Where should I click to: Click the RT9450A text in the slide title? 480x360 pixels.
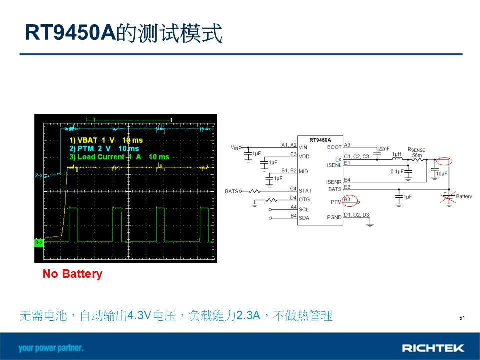(70, 32)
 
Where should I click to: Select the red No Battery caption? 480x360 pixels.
(73, 274)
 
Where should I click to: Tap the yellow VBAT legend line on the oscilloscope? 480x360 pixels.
(106, 140)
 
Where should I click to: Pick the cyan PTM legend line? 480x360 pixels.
(104, 149)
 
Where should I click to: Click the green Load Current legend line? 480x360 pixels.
(119, 157)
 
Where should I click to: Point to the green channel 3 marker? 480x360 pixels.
(39, 242)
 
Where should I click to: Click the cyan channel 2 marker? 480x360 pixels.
(39, 175)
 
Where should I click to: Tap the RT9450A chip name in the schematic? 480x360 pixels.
(320, 140)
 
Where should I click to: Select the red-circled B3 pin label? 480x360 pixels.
(347, 200)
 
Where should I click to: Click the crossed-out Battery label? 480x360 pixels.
(464, 196)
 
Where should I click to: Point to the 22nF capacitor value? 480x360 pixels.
(384, 149)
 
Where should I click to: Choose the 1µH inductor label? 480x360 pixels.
(397, 154)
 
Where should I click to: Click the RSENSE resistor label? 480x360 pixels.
(416, 150)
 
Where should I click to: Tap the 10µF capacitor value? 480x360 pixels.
(441, 174)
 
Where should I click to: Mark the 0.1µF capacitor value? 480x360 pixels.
(397, 171)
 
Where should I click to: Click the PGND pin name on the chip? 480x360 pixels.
(334, 217)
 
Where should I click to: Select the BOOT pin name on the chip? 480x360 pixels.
(334, 147)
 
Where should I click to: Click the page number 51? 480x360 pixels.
(462, 318)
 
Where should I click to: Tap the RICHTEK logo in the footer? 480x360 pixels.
(433, 348)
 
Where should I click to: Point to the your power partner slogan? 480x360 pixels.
(51, 348)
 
